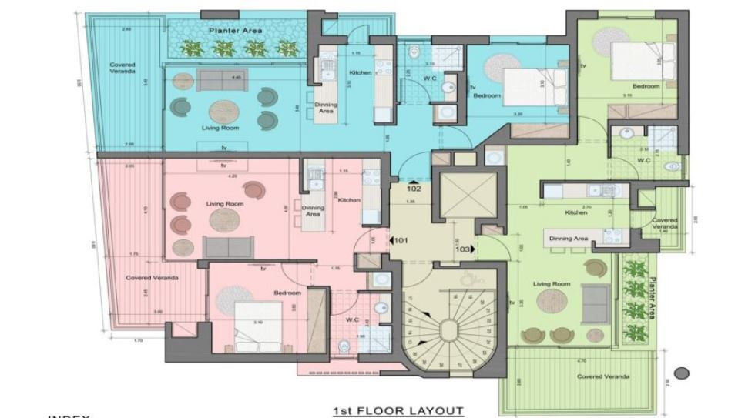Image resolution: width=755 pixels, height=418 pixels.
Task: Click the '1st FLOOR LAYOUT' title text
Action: tap(398, 410)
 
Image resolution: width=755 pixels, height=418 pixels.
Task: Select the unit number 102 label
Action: tap(414, 187)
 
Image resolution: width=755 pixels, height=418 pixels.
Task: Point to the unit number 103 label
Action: tap(463, 249)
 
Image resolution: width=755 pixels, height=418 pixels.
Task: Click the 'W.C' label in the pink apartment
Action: tap(354, 319)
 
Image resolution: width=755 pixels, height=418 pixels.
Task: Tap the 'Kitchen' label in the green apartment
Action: tap(576, 212)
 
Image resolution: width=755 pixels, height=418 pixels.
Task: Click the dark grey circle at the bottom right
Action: tap(680, 373)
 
